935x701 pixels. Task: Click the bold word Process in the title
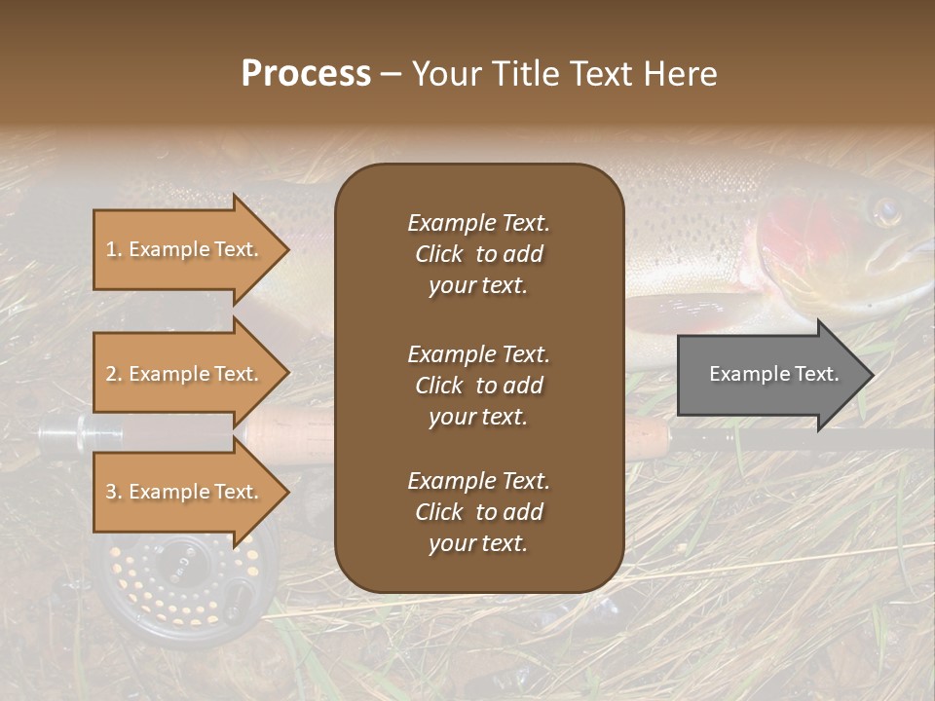tap(306, 73)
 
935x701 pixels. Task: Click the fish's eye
tap(885, 210)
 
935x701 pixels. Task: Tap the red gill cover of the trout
tap(799, 234)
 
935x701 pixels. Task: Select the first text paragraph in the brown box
tap(478, 254)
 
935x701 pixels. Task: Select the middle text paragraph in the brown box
tap(478, 385)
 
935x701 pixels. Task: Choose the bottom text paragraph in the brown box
tap(478, 512)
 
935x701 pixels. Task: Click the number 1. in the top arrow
tap(114, 249)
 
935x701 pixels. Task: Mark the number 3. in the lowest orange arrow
tap(114, 492)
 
